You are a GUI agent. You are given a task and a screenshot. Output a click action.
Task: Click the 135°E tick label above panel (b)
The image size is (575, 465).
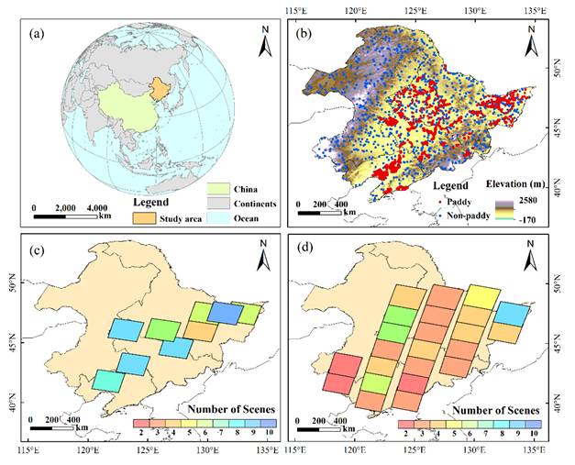[x=533, y=10]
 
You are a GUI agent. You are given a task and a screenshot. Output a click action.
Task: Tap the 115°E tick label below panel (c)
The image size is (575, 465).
[x=28, y=450]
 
